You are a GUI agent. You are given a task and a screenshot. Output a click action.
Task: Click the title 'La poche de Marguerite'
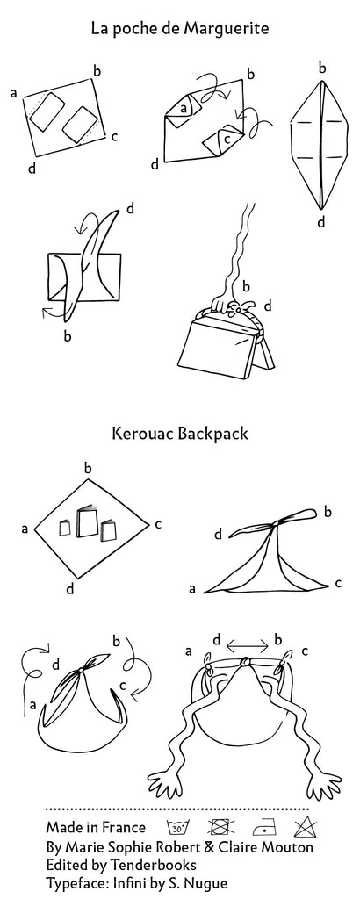179,29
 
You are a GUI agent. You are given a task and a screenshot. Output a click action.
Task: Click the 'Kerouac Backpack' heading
180,433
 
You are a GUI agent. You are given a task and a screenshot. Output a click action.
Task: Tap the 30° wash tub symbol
176,827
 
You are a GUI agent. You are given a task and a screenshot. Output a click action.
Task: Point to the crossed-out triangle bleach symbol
305,827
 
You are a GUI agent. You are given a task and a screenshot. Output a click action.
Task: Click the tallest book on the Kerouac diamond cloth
87,521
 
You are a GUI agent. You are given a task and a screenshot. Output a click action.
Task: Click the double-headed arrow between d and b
248,646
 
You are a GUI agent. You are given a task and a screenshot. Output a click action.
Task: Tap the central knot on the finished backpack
245,663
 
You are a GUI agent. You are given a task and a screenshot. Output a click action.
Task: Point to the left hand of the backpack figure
169,784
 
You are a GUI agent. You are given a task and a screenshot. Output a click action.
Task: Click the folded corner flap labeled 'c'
223,140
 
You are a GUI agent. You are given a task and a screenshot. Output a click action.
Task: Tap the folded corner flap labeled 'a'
183,106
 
